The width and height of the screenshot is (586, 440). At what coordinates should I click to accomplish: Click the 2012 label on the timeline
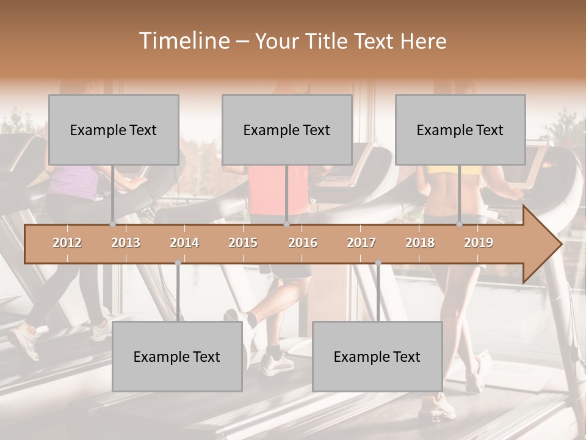(x=67, y=243)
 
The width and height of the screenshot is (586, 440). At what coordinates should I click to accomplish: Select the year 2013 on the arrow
(x=126, y=243)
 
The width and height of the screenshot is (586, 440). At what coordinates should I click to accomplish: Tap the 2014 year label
(x=184, y=243)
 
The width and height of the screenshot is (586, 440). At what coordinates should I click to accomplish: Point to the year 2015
(x=243, y=243)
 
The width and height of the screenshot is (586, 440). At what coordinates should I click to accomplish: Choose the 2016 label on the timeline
(x=303, y=243)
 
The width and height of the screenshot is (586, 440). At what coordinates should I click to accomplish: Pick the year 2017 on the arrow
(x=361, y=243)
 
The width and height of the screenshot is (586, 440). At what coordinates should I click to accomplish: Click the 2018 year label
(x=420, y=243)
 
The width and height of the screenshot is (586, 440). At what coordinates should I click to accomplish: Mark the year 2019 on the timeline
(x=479, y=243)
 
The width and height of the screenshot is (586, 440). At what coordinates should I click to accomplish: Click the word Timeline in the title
(x=183, y=41)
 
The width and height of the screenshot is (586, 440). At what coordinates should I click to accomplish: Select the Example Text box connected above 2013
(x=114, y=130)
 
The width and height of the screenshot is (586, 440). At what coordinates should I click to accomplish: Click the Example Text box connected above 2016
(x=287, y=130)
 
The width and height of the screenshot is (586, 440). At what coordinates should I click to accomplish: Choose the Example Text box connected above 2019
(x=460, y=130)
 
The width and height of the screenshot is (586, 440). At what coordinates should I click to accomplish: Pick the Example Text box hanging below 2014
(x=177, y=356)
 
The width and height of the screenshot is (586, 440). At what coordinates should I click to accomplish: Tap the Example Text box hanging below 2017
(x=377, y=356)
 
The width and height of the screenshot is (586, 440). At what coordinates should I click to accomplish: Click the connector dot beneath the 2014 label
(x=178, y=263)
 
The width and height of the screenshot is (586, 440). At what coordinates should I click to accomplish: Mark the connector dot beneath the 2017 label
(x=378, y=263)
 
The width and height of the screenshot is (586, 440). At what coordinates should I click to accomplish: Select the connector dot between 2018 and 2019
(x=460, y=224)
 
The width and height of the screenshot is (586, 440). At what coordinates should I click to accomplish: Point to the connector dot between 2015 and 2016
(x=286, y=224)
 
